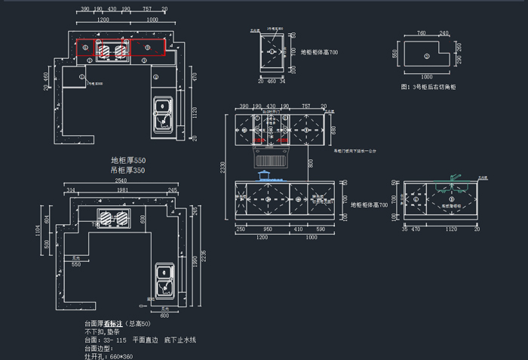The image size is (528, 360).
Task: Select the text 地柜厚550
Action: tap(127, 161)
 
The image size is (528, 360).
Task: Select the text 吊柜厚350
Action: tap(127, 171)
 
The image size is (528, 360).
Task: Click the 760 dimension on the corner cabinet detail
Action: tap(421, 33)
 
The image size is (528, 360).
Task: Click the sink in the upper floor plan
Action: tap(162, 114)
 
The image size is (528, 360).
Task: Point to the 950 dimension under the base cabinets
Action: tap(268, 229)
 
